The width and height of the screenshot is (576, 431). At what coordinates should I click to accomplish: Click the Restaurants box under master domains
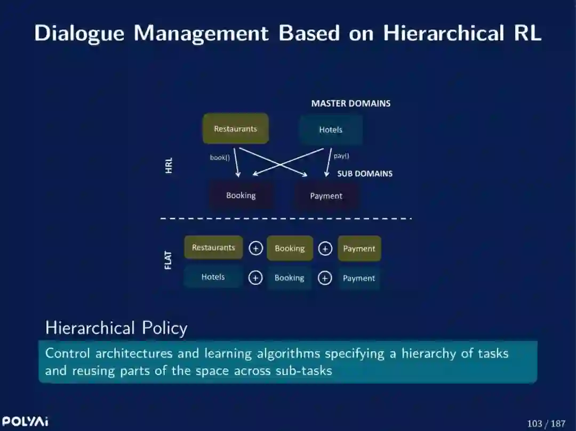[x=236, y=128]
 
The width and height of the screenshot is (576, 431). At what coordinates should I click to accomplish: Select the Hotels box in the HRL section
[x=331, y=129]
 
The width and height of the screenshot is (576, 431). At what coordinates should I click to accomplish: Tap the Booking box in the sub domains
[x=241, y=196]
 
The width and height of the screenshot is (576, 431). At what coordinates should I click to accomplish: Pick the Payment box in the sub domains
[x=326, y=196]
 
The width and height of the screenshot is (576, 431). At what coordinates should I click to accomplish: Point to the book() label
[x=220, y=157]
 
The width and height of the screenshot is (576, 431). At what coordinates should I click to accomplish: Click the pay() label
[x=341, y=156]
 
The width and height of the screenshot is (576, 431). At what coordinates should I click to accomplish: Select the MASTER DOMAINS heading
[x=351, y=103]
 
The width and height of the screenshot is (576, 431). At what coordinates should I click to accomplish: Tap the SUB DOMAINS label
[x=365, y=174]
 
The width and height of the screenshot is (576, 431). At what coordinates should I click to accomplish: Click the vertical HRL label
[x=169, y=165]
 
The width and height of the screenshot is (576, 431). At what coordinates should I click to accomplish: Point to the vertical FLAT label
[x=169, y=259]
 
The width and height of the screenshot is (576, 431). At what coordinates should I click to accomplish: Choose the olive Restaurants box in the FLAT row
[x=213, y=248]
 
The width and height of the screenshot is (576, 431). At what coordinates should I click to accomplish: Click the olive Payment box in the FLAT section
[x=359, y=248]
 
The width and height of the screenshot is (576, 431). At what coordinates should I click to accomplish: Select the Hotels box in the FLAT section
[x=213, y=277]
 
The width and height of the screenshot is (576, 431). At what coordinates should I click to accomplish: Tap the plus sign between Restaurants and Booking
[x=256, y=248]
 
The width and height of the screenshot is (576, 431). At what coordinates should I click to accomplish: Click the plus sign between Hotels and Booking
[x=255, y=278]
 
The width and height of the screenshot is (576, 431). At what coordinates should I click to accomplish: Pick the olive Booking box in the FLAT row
[x=290, y=248]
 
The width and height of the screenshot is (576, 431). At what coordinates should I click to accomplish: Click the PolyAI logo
[x=25, y=421]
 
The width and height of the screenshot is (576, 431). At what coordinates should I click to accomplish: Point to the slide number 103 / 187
[x=546, y=424]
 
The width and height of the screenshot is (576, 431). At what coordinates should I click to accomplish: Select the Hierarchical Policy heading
[x=116, y=328]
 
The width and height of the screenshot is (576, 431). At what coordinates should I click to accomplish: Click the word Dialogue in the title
[x=79, y=33]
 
